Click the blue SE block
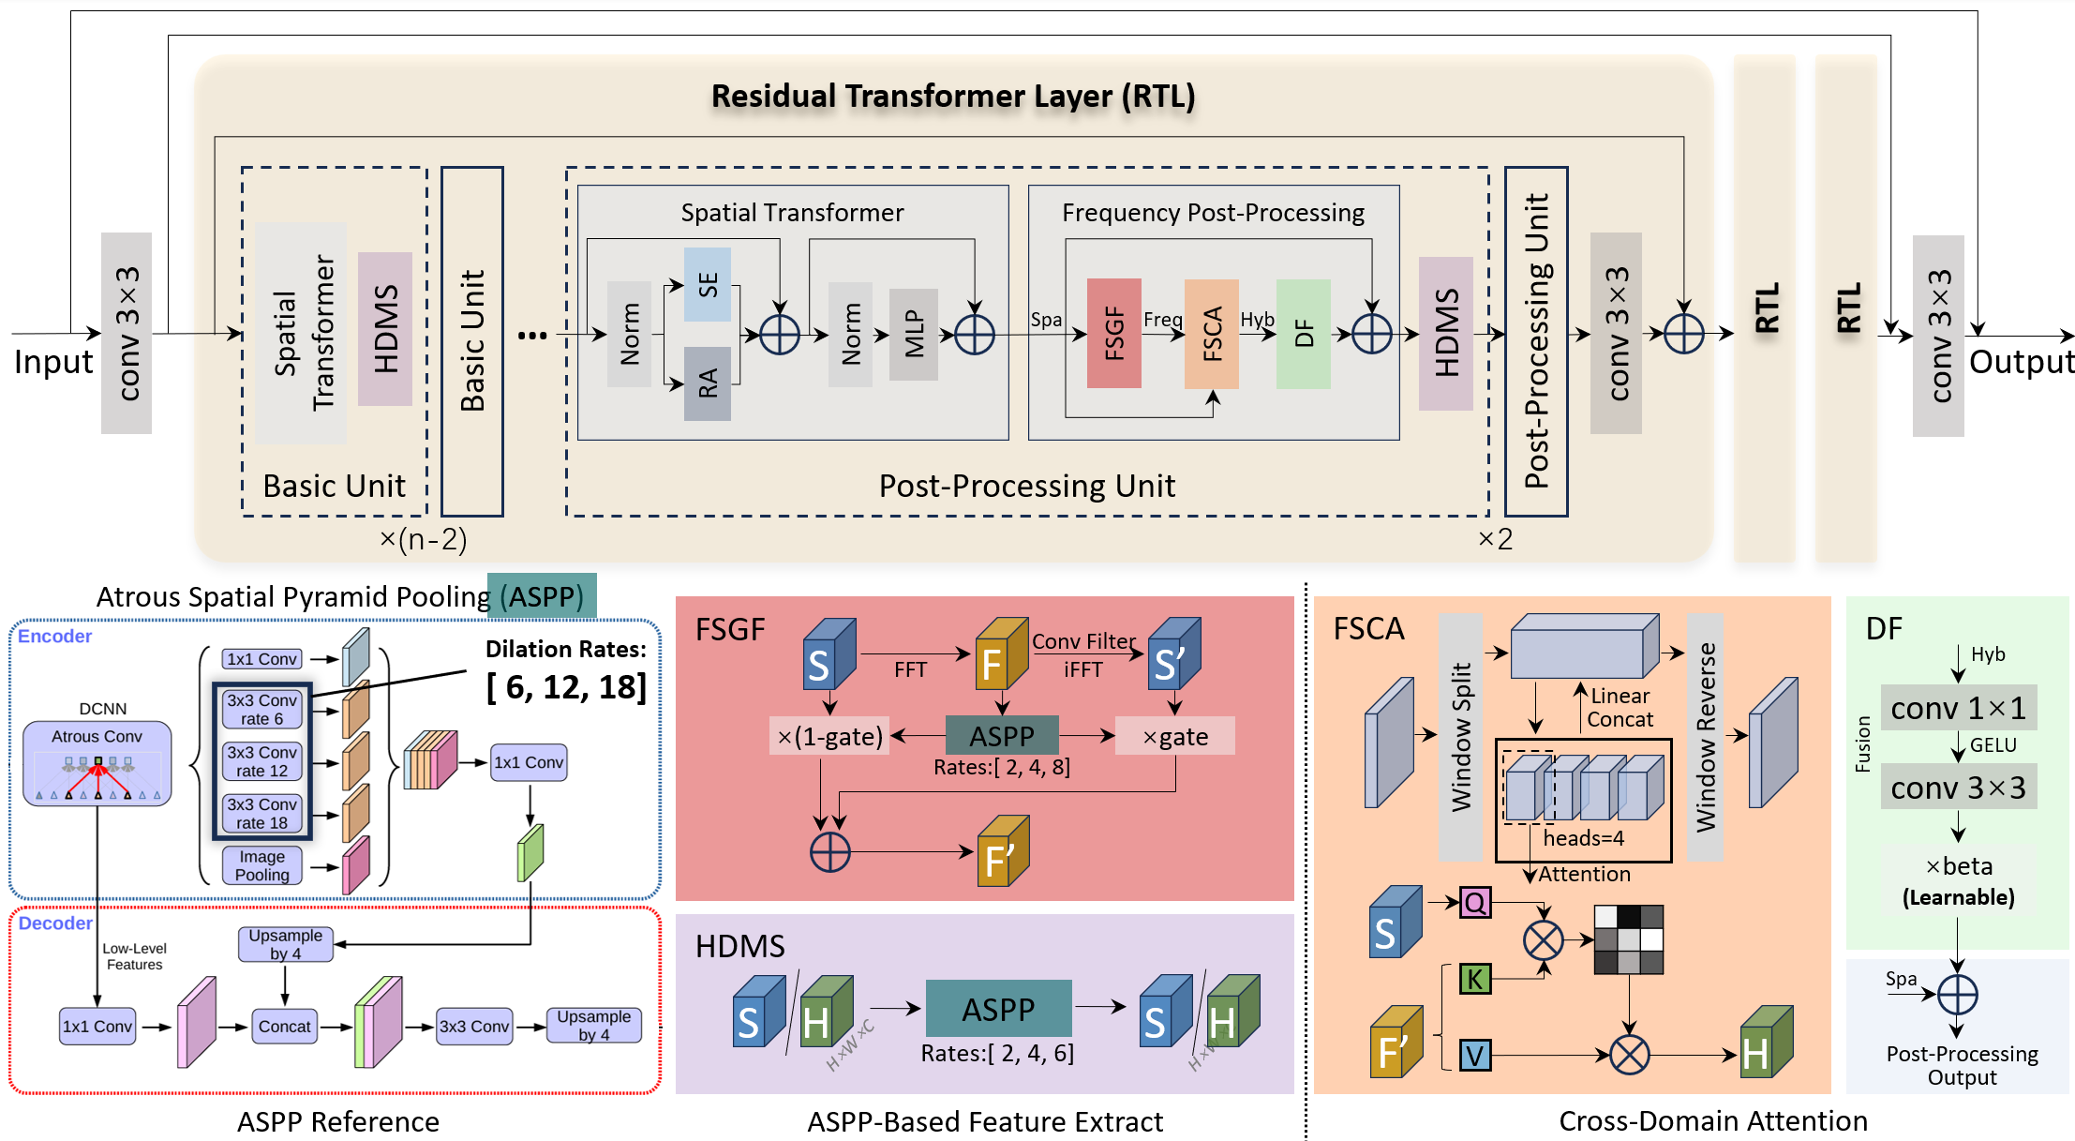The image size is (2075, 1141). [x=708, y=284]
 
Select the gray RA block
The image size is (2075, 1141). [x=708, y=383]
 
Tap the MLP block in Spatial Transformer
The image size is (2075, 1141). [x=914, y=335]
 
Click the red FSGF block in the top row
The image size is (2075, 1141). [x=1113, y=333]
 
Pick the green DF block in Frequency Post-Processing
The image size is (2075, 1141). [x=1303, y=333]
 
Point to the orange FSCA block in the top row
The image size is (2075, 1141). [x=1211, y=333]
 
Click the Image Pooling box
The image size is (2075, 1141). [x=262, y=865]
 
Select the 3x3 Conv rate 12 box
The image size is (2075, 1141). [x=262, y=761]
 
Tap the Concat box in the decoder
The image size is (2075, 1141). [x=284, y=1027]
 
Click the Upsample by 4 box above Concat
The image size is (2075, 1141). [x=285, y=944]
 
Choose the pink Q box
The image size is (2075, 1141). [x=1474, y=903]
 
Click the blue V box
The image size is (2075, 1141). [x=1474, y=1056]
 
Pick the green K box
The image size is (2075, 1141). [x=1474, y=979]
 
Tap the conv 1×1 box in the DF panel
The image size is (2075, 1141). [x=1958, y=708]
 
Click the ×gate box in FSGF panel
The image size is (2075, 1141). [x=1174, y=736]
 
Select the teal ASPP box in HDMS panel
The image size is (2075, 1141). [x=998, y=1009]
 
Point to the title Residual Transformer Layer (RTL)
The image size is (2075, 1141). [x=953, y=96]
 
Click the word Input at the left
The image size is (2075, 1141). [x=53, y=362]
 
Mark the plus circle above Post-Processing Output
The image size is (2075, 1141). [x=1957, y=995]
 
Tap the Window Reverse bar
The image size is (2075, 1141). [x=1705, y=737]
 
